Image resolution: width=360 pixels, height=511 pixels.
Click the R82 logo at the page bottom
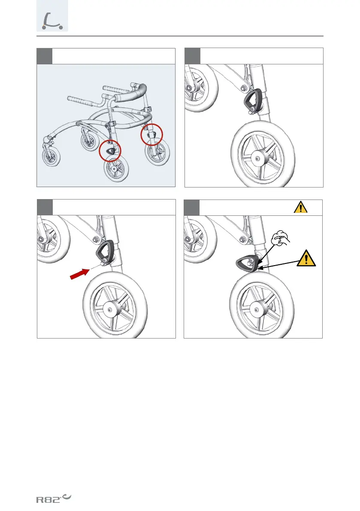(x=54, y=499)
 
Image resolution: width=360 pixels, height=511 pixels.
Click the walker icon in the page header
(x=52, y=21)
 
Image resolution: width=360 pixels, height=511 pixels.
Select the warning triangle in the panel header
(x=300, y=207)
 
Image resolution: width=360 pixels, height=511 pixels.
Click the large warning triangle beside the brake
(x=306, y=258)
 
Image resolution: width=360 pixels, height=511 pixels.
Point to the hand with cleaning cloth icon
(x=280, y=238)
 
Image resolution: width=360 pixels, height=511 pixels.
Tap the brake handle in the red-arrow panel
(x=105, y=252)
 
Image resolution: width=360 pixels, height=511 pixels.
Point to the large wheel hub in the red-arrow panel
(x=111, y=309)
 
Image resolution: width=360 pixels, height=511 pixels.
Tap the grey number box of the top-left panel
(x=44, y=56)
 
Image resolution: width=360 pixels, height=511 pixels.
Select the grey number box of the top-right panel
(x=193, y=56)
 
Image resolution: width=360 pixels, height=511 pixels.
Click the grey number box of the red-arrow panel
(x=45, y=207)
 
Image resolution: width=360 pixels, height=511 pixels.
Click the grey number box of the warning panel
(x=191, y=208)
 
